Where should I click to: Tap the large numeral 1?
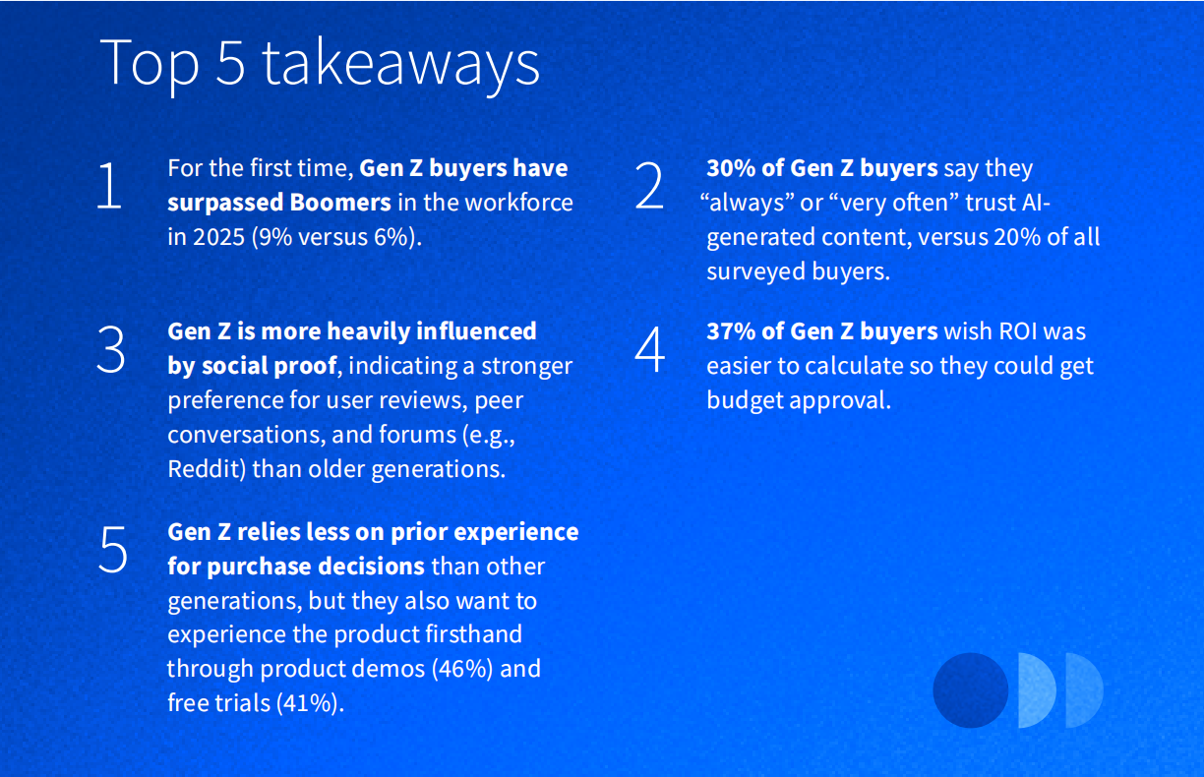pyautogui.click(x=109, y=187)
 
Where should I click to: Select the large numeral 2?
pyautogui.click(x=649, y=187)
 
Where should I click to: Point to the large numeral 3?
pyautogui.click(x=111, y=349)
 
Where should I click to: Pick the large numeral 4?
pyautogui.click(x=650, y=349)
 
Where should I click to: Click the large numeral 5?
pyautogui.click(x=113, y=550)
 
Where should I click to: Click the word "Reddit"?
pyautogui.click(x=204, y=468)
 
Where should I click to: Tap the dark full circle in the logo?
pyautogui.click(x=970, y=690)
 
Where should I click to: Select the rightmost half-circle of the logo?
pyautogui.click(x=1083, y=690)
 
